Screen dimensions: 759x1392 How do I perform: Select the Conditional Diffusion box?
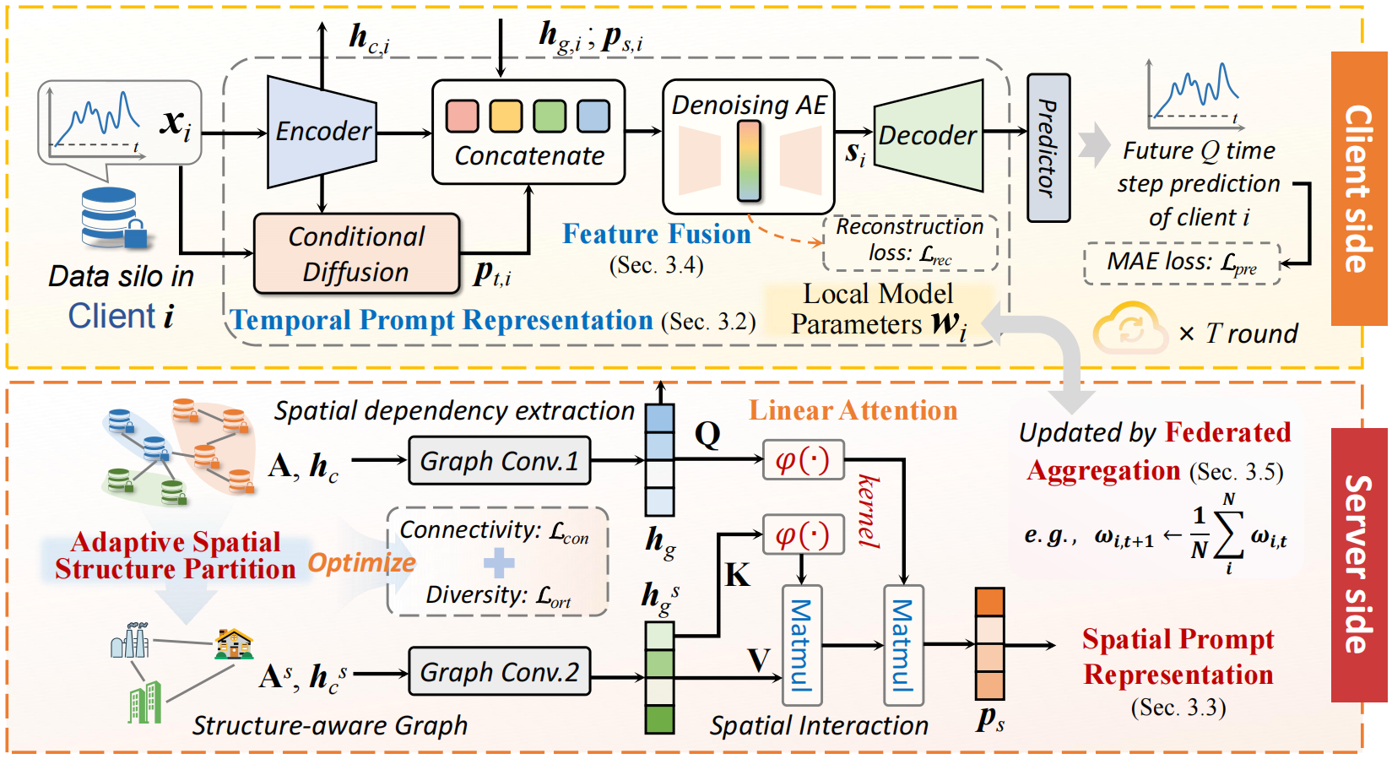(356, 254)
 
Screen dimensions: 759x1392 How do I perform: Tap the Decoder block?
(928, 135)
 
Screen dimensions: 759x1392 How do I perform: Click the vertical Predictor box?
(1048, 149)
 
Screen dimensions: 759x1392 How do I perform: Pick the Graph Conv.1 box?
(499, 461)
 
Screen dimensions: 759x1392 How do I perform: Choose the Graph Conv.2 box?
(499, 672)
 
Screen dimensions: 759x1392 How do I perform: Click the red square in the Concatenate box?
(462, 117)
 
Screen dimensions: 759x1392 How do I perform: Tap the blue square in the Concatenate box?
(593, 117)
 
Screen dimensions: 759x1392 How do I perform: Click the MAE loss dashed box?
(1181, 263)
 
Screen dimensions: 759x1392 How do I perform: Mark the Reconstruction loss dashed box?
(910, 241)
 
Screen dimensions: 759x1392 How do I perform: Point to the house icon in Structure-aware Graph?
(233, 643)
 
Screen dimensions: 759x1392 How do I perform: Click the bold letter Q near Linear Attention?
(707, 434)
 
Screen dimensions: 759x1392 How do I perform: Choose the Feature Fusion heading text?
(657, 234)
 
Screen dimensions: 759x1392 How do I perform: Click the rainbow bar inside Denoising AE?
(749, 160)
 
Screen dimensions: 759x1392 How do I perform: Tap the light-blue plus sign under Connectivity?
(498, 563)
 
